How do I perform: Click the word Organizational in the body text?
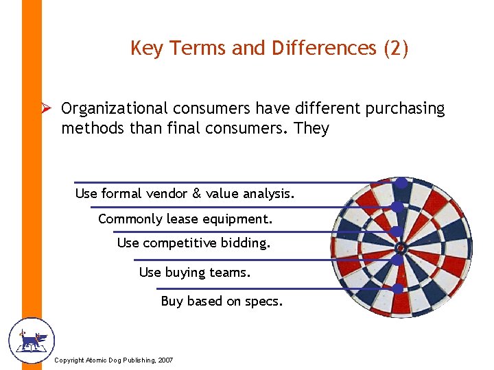(x=114, y=109)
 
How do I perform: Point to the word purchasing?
(x=408, y=109)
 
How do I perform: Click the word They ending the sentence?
(x=311, y=128)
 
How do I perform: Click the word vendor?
(x=167, y=194)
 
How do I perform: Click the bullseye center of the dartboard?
(x=401, y=246)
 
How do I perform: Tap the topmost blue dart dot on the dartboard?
(x=401, y=183)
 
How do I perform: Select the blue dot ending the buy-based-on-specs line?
(x=397, y=288)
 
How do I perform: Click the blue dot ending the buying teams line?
(x=397, y=260)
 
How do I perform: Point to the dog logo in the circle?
(x=31, y=340)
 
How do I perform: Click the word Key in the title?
(x=143, y=49)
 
